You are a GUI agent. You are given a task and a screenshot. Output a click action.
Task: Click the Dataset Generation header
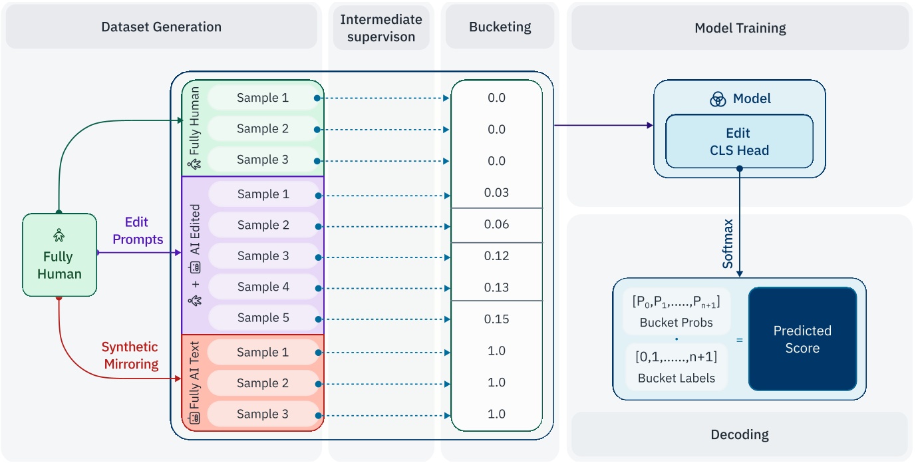coord(161,27)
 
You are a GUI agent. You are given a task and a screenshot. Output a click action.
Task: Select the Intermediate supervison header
coord(381,28)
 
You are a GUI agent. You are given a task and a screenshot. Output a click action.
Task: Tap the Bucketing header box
coord(500,27)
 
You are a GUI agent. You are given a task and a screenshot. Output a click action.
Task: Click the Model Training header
coord(740,28)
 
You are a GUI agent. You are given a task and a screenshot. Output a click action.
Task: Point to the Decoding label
coord(740,434)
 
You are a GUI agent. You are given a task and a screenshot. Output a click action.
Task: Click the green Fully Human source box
coord(59,255)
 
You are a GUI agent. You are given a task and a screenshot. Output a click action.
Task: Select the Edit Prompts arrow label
coord(138,231)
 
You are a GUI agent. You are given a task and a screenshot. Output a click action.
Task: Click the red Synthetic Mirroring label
coord(130,355)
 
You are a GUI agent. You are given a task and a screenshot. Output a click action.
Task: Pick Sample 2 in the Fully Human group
coord(262,129)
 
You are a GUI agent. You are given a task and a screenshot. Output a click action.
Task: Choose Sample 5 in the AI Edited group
coord(263,318)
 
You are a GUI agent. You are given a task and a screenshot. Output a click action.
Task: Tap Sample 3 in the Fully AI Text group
coord(262,414)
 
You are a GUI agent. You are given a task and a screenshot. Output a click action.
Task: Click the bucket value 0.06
coord(497,225)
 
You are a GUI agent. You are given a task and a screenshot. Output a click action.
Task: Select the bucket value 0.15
coord(497,319)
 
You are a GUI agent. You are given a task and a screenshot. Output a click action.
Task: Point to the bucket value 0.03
coord(497,193)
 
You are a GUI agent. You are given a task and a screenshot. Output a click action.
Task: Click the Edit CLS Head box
coord(739,142)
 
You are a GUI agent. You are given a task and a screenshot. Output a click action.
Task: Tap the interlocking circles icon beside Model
coord(718,99)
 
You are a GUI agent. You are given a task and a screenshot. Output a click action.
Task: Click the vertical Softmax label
coord(728,243)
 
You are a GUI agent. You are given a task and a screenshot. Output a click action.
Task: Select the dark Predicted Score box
coord(802,339)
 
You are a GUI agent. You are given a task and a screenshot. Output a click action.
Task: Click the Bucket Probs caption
coord(676,323)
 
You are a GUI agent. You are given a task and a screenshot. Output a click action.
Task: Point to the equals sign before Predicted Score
coord(739,339)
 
